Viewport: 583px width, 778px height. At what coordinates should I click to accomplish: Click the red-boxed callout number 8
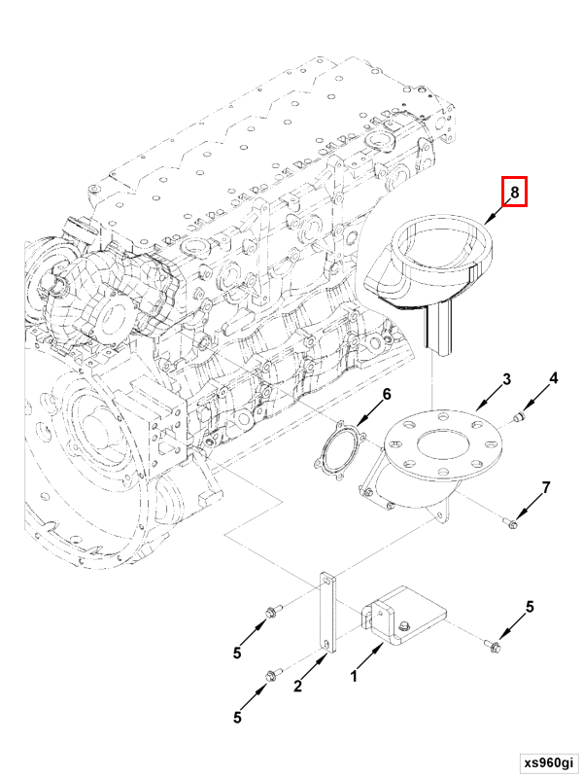pos(514,193)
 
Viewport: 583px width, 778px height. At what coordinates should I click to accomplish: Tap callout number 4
pos(554,378)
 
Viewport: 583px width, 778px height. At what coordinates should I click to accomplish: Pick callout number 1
pos(354,674)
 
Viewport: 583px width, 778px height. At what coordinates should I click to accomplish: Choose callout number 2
pos(298,687)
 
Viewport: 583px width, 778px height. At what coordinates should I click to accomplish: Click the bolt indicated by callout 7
pos(512,524)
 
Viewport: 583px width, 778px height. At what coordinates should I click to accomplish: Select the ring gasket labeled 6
pos(342,454)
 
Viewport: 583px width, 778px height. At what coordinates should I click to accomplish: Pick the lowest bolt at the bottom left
pos(271,673)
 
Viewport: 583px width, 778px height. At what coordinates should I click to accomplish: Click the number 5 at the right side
pos(530,607)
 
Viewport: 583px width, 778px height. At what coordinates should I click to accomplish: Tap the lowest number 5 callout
pos(238,718)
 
